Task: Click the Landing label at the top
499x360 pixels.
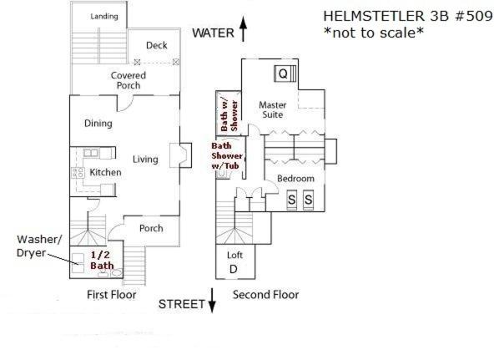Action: pyautogui.click(x=104, y=17)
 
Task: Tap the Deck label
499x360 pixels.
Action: pyautogui.click(x=157, y=45)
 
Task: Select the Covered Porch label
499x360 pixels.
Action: pyautogui.click(x=129, y=80)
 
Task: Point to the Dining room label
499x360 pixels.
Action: pyautogui.click(x=98, y=124)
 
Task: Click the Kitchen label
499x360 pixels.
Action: pyautogui.click(x=105, y=172)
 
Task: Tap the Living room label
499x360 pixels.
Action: pyautogui.click(x=145, y=160)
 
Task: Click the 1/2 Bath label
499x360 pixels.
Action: pyautogui.click(x=102, y=260)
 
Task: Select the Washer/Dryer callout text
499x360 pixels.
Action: pyautogui.click(x=38, y=246)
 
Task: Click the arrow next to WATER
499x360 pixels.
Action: pyautogui.click(x=243, y=29)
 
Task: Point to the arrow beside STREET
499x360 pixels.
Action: pyautogui.click(x=212, y=300)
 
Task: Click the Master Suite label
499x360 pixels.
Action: pyautogui.click(x=273, y=109)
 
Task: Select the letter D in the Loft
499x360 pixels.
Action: pyautogui.click(x=234, y=269)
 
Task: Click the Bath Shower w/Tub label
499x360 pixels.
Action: pyautogui.click(x=227, y=156)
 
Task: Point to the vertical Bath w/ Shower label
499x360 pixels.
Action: pyautogui.click(x=229, y=115)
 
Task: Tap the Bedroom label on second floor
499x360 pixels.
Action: pyautogui.click(x=295, y=179)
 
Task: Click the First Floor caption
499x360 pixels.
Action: pyautogui.click(x=112, y=295)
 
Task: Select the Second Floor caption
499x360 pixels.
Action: pyautogui.click(x=265, y=295)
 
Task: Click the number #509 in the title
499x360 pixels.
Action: pyautogui.click(x=474, y=16)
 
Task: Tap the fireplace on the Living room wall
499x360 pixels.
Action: pyautogui.click(x=180, y=155)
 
